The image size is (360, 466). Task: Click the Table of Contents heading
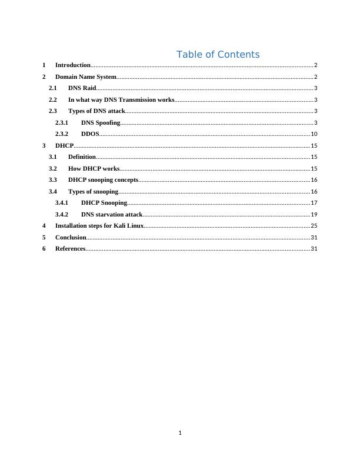pos(218,55)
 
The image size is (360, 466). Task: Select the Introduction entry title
pos(72,65)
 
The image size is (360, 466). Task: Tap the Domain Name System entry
pos(85,77)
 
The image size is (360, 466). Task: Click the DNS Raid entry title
pos(82,88)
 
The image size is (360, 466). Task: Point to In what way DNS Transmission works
pos(121,100)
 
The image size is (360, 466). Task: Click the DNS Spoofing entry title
pos(101,123)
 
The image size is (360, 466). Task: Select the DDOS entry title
pos(90,134)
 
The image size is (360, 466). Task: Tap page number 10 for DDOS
pos(314,134)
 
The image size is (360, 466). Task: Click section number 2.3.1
pos(62,123)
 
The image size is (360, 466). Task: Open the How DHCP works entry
pos(94,169)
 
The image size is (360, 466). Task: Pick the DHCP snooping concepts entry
pos(104,180)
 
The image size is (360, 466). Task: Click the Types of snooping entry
pos(94,192)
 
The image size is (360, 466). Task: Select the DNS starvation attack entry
pos(112,215)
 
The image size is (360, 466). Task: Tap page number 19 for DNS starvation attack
pos(314,215)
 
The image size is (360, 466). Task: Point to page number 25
pos(314,226)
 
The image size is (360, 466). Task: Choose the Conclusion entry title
pos(71,238)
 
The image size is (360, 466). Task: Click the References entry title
pos(70,249)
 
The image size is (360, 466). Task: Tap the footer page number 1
pos(180,433)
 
